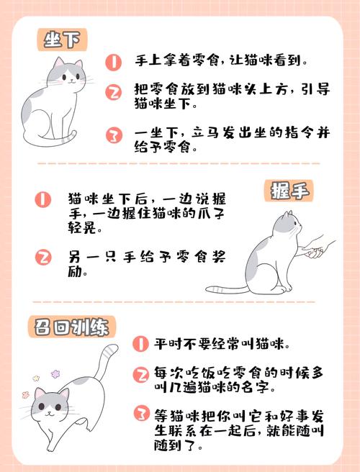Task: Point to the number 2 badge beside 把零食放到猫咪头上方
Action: (x=114, y=92)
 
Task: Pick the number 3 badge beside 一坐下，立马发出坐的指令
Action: (x=114, y=135)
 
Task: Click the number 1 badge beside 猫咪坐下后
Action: (x=44, y=199)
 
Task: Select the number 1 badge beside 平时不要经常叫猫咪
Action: (x=140, y=343)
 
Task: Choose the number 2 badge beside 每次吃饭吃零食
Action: (x=140, y=374)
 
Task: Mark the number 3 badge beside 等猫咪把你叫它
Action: (x=140, y=414)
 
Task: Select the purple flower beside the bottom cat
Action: (x=34, y=377)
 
